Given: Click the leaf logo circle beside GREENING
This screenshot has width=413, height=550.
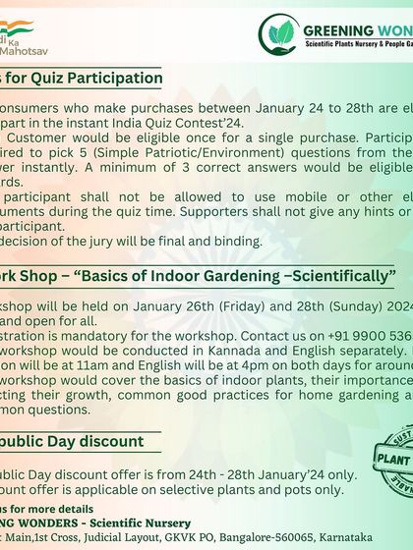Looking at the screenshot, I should pos(278,34).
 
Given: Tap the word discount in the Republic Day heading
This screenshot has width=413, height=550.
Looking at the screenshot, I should pos(108,442).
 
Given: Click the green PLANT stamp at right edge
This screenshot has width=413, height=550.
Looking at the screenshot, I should pos(394,458).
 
